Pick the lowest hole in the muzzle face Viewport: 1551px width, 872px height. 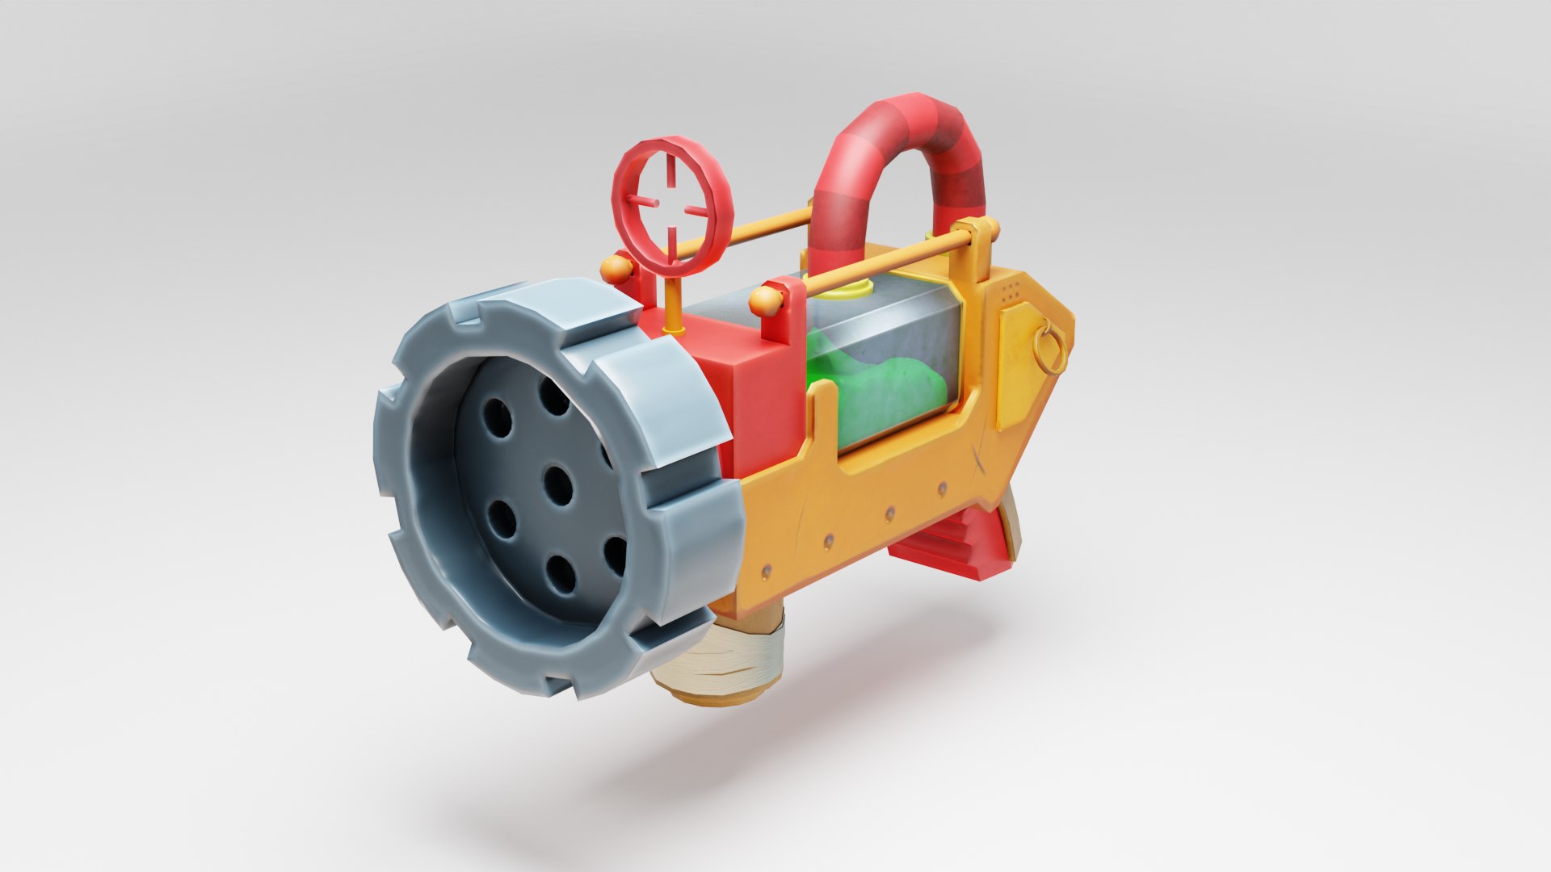tap(561, 575)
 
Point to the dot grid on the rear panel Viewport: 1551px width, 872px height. tap(1009, 291)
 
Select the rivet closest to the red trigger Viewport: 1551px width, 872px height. tap(942, 488)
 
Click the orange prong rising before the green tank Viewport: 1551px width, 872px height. tap(823, 420)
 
